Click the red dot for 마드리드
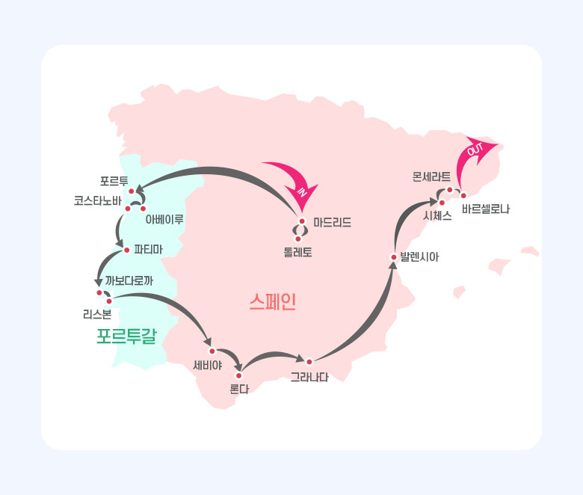pyautogui.click(x=302, y=221)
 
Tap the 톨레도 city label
pyautogui.click(x=297, y=253)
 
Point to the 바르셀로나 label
pyautogui.click(x=486, y=209)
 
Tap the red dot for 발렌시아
pyautogui.click(x=394, y=257)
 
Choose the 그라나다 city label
pyautogui.click(x=309, y=378)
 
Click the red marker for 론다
pyautogui.click(x=238, y=375)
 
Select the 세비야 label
pyautogui.click(x=208, y=365)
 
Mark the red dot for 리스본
pyautogui.click(x=109, y=301)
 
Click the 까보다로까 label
pyautogui.click(x=129, y=280)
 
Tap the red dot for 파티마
pyautogui.click(x=127, y=250)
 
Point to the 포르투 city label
pyautogui.click(x=114, y=181)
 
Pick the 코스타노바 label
pyautogui.click(x=98, y=201)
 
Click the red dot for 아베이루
pyautogui.click(x=144, y=209)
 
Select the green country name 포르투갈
pyautogui.click(x=127, y=336)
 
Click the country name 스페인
pyautogui.click(x=273, y=301)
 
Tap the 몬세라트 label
pyautogui.click(x=431, y=176)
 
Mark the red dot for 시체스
pyautogui.click(x=442, y=203)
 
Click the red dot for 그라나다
pyautogui.click(x=309, y=362)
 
